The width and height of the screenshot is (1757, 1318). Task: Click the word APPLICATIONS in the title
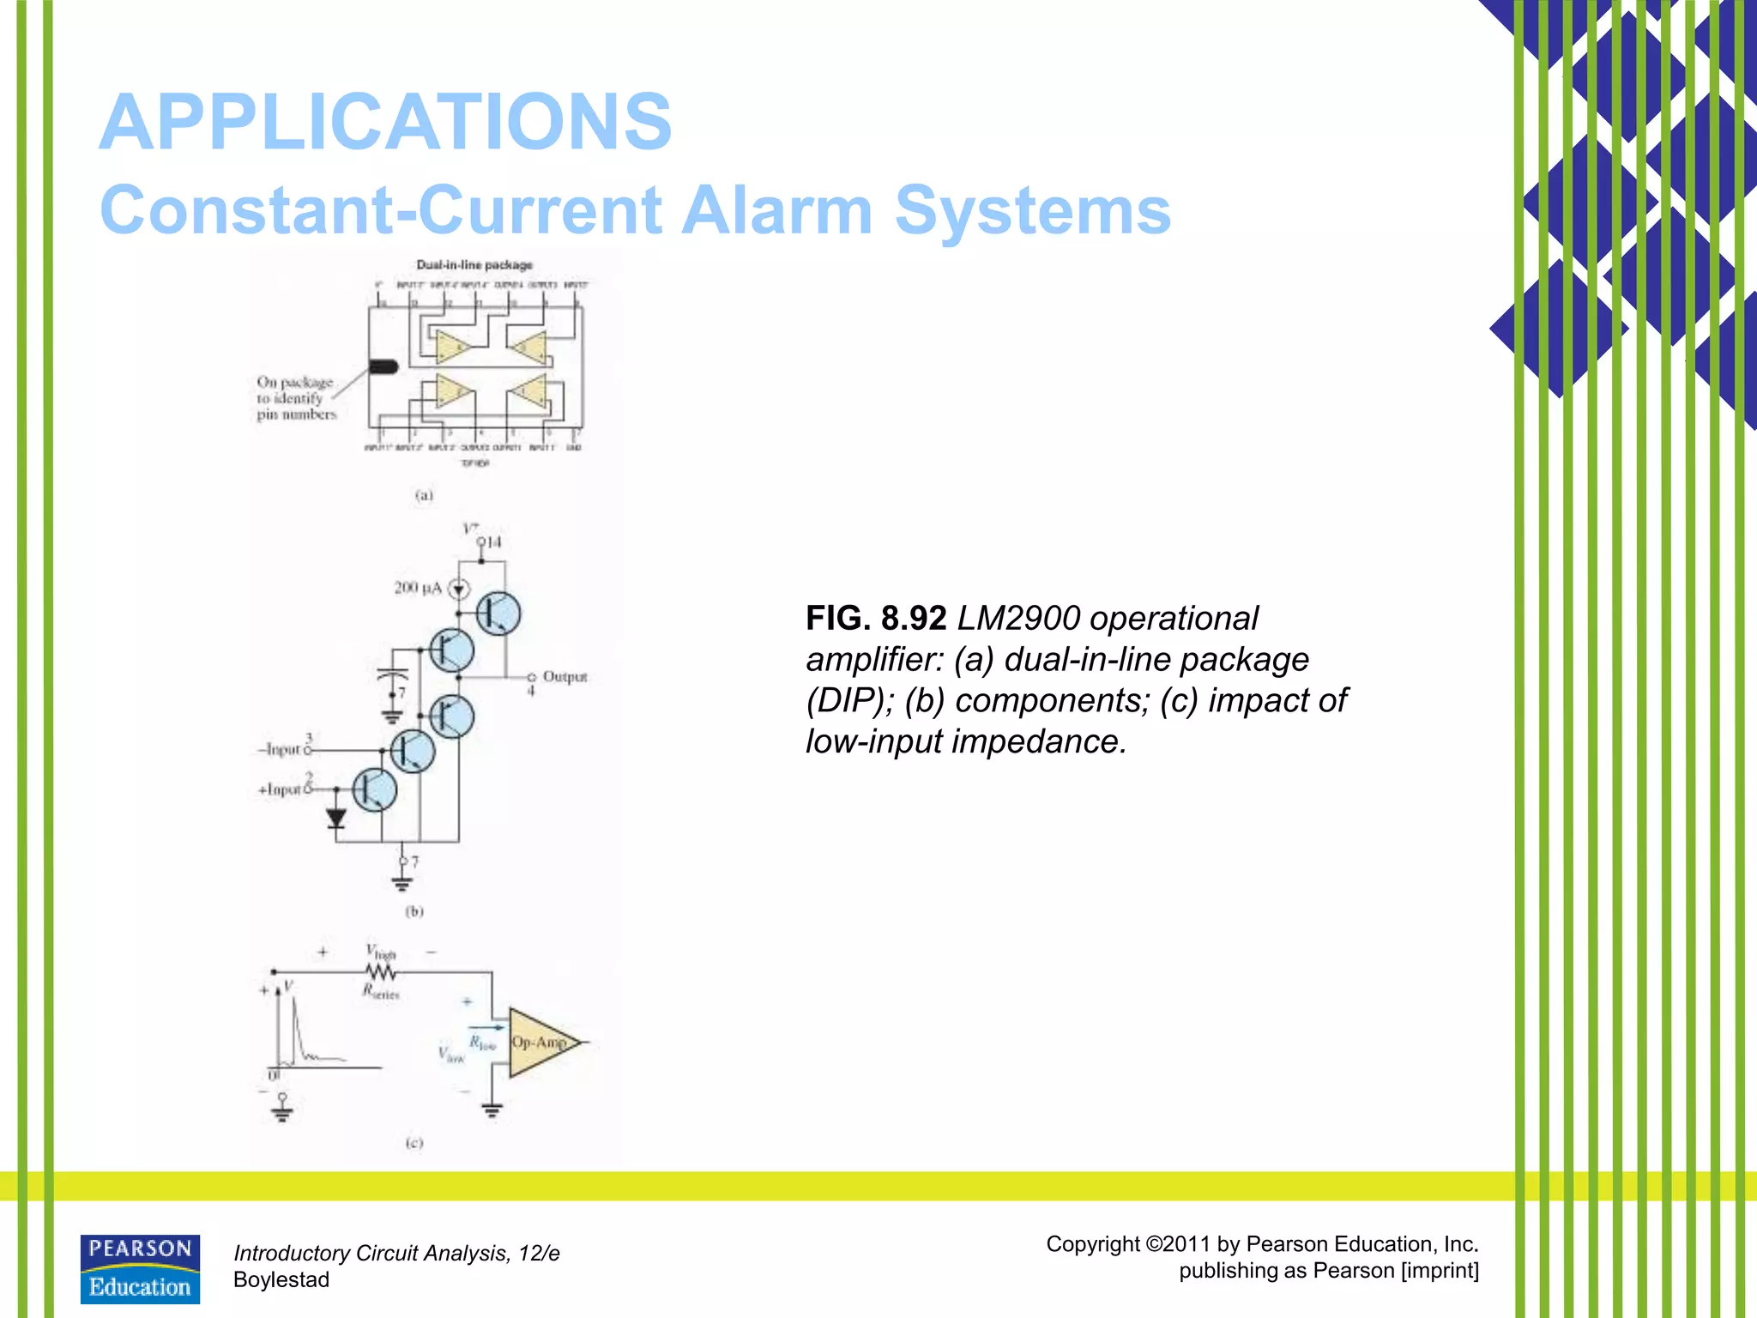(385, 123)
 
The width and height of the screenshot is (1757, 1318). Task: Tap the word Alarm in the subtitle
(776, 210)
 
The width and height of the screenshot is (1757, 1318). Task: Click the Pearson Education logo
(140, 1269)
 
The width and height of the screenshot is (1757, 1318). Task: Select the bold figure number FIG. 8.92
(875, 619)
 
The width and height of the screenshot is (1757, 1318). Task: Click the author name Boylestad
(281, 1279)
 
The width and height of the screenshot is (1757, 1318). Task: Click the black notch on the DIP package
(383, 367)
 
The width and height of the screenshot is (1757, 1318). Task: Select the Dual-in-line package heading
(474, 265)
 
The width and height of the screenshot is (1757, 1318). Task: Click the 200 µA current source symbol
(460, 589)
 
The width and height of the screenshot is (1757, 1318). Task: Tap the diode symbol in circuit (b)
(336, 818)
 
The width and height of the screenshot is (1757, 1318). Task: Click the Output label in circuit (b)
(565, 676)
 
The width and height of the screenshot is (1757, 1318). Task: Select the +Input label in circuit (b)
(280, 789)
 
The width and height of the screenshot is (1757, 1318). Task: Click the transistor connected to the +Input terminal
(375, 789)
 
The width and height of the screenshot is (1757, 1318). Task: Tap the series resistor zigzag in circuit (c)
(380, 972)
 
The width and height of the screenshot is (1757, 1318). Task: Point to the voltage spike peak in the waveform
(294, 997)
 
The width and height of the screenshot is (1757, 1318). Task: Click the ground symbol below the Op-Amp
(492, 1111)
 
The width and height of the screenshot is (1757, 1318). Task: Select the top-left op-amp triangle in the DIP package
(451, 348)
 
